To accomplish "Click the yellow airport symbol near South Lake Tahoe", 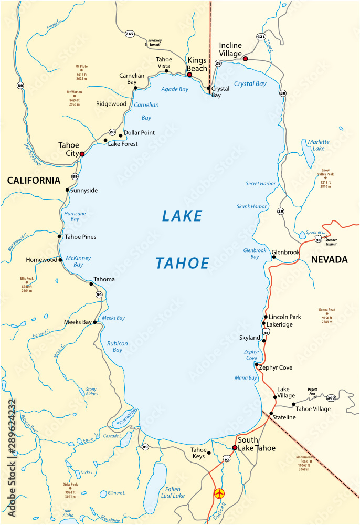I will (x=219, y=493).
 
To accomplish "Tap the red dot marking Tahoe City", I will (x=82, y=154).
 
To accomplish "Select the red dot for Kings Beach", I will (x=189, y=75).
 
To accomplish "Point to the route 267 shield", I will (x=130, y=34).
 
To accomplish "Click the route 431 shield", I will (x=261, y=36).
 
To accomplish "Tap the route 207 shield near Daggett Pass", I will (x=331, y=398).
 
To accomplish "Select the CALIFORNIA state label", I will (x=34, y=181).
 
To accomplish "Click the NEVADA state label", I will (x=329, y=259).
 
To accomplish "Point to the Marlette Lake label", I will (x=319, y=145).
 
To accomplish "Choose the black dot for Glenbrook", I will (x=274, y=257).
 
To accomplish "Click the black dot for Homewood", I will (x=61, y=260).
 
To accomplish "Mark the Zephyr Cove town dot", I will (x=256, y=364).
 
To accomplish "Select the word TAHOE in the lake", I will (x=182, y=263).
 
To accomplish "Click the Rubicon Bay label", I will (x=118, y=346).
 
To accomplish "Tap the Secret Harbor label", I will (x=260, y=184).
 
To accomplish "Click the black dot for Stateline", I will (x=271, y=414).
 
